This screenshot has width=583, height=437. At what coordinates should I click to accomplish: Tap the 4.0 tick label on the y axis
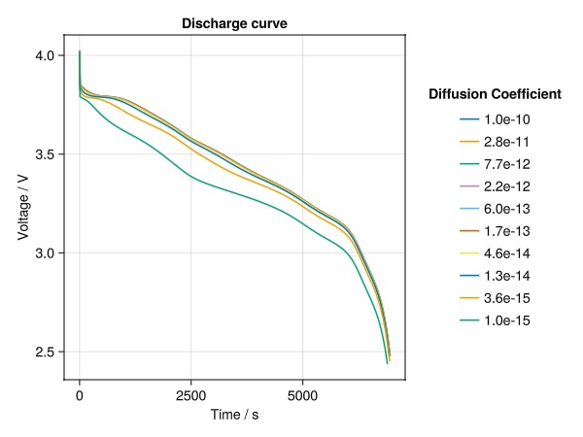47,56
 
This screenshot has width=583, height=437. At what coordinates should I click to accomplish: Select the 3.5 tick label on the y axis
47,154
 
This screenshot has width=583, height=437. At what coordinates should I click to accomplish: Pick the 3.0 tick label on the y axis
47,253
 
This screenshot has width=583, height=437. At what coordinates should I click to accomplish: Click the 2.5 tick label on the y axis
47,352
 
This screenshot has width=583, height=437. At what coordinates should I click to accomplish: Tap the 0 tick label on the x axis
79,395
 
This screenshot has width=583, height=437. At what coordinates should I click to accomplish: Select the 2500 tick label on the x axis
190,395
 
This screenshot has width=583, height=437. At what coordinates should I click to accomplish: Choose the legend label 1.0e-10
520,119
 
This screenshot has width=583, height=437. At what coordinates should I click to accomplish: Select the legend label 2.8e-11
520,142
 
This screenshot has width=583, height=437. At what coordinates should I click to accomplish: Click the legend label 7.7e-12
520,164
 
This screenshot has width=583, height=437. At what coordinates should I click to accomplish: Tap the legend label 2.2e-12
520,186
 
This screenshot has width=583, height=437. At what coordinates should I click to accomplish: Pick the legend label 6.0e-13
520,209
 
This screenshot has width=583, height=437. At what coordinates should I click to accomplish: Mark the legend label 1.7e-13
520,231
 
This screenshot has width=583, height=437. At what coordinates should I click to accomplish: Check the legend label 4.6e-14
520,253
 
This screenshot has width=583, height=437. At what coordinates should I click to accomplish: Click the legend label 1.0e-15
520,320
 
